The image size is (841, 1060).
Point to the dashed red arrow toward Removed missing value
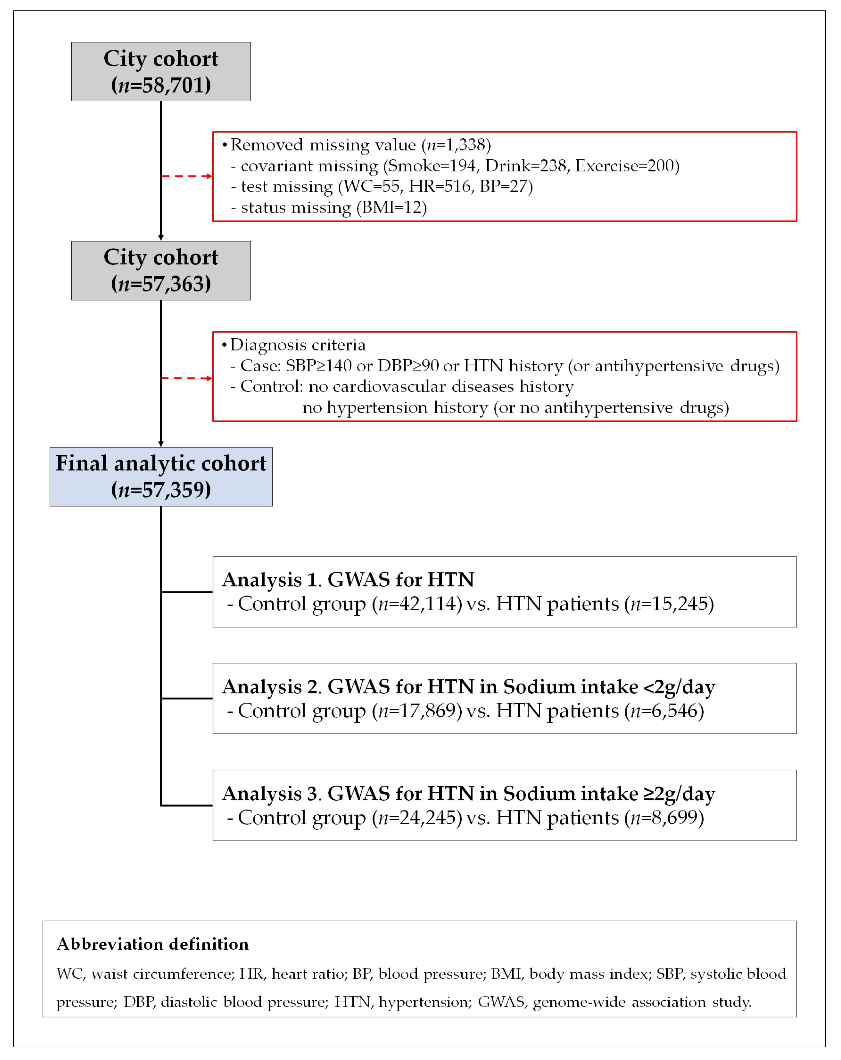coord(187,176)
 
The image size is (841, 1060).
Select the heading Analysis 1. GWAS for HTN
coord(348,580)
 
